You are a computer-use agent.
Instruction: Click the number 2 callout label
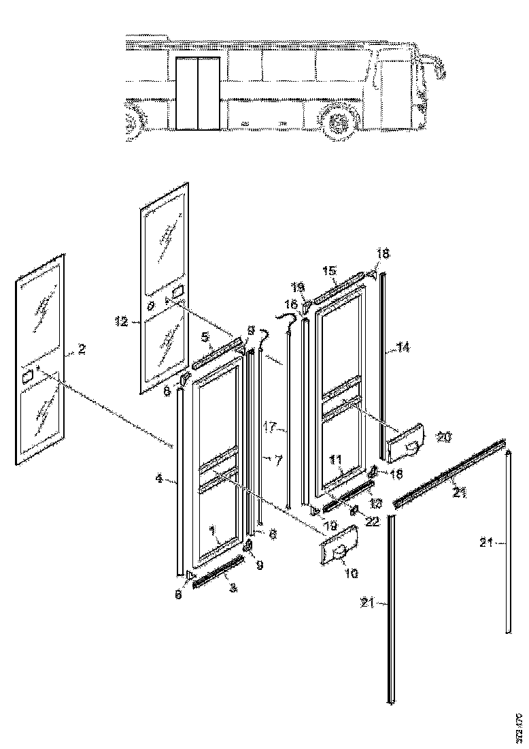pyautogui.click(x=82, y=349)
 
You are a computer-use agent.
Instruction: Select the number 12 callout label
pyautogui.click(x=122, y=321)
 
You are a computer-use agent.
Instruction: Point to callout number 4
pyautogui.click(x=158, y=479)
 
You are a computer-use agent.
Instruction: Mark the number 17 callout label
pyautogui.click(x=269, y=428)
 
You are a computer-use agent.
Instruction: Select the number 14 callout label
pyautogui.click(x=403, y=347)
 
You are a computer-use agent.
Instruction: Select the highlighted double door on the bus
pyautogui.click(x=198, y=93)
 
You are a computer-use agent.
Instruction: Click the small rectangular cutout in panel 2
pyautogui.click(x=29, y=376)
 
